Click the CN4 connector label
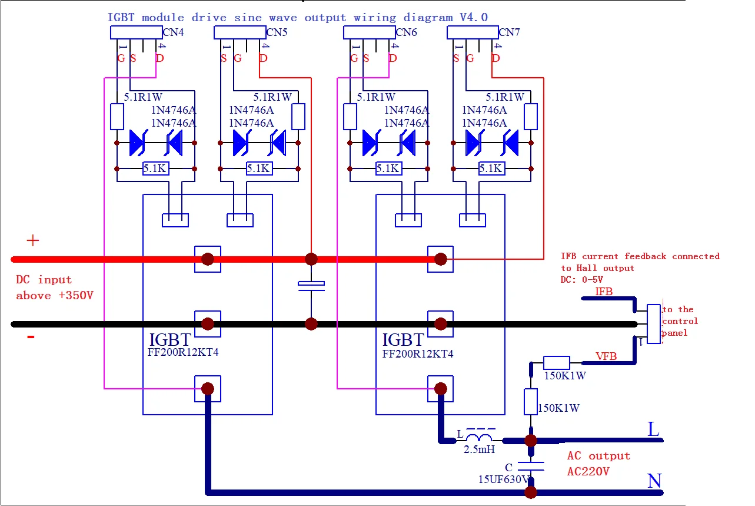174,33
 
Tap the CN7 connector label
510,32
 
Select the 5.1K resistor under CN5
259,169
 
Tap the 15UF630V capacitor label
505,479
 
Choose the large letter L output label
653,430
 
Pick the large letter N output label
654,481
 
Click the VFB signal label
606,356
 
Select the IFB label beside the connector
604,292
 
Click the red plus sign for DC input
33,240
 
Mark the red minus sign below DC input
31,337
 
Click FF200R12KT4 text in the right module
418,354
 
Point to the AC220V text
588,472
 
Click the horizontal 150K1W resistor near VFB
556,363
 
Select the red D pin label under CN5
263,58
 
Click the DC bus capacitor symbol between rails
311,286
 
